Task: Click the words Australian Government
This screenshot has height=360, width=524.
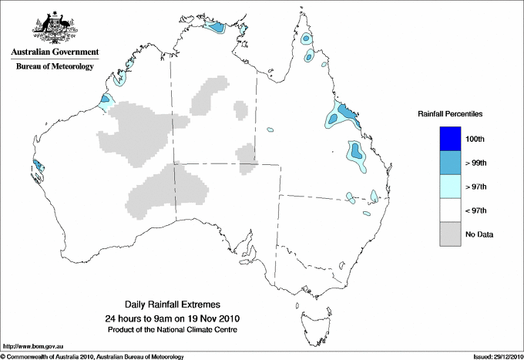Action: tap(55, 52)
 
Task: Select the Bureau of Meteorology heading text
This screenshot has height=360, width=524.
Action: tap(55, 66)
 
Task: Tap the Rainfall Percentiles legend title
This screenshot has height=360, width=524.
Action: tap(450, 113)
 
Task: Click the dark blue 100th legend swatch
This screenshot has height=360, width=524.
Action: tap(451, 139)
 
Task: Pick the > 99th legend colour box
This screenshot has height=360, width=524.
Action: tap(451, 163)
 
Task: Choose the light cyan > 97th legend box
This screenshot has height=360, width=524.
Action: tap(451, 187)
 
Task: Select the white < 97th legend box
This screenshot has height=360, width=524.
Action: tap(451, 210)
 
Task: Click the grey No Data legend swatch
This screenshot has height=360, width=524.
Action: tap(451, 234)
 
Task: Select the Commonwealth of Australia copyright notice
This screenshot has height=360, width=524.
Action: tap(92, 356)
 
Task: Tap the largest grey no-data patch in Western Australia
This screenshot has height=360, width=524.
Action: tap(139, 131)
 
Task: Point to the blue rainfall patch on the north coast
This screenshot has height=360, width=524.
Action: tap(217, 28)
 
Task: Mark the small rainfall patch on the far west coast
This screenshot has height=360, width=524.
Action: tap(38, 165)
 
